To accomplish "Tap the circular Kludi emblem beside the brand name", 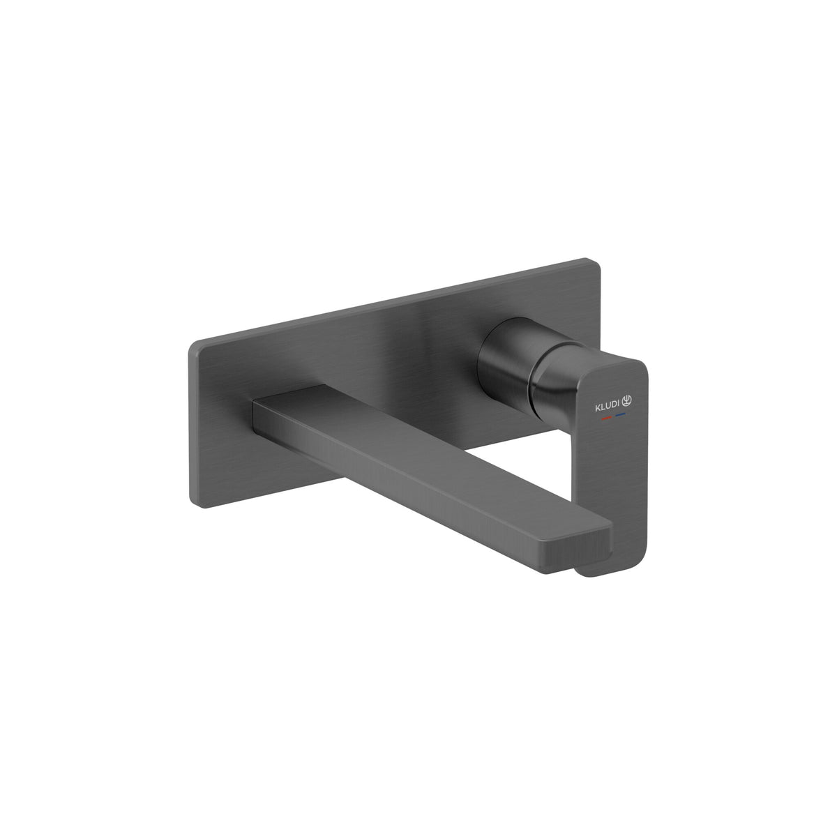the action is coord(627,401).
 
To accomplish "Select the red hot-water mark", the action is coord(606,417).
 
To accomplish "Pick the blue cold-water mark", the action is coord(620,414).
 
